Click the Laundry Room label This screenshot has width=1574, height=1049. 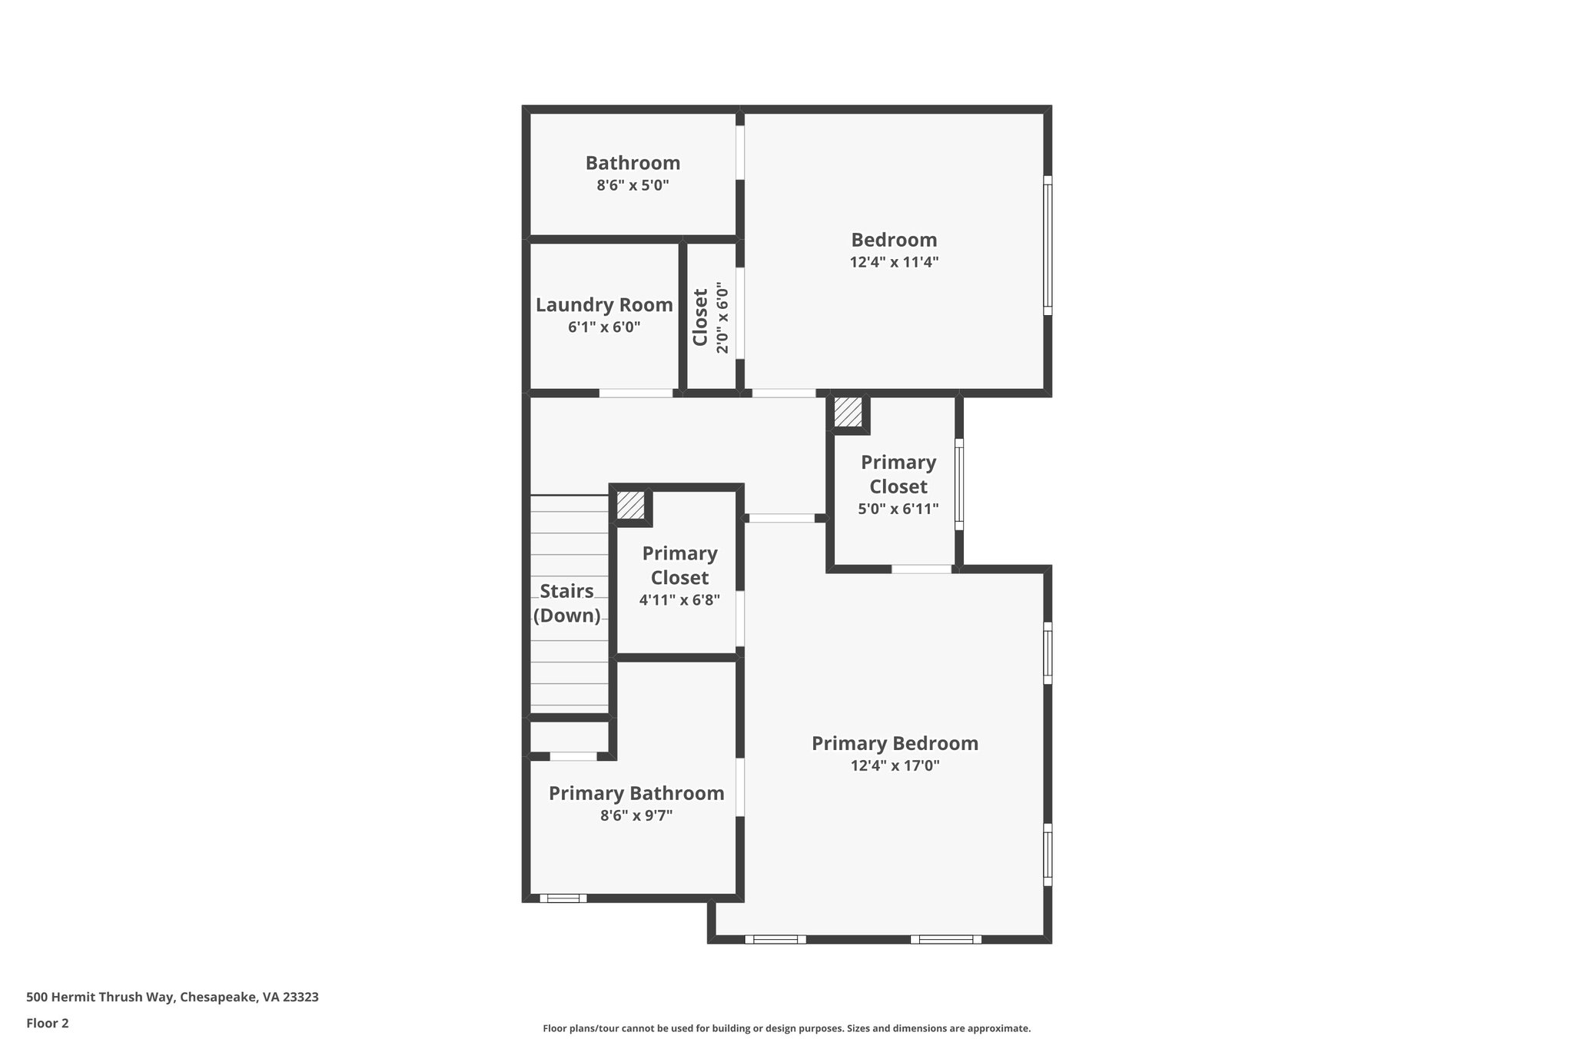604,305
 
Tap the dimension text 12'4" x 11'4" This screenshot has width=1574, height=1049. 894,262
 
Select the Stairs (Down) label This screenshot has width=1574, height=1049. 567,603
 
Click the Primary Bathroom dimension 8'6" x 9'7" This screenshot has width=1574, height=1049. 636,815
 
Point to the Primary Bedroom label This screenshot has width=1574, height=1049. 895,743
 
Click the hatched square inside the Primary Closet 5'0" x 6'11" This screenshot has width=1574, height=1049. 848,412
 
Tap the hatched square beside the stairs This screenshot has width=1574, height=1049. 630,505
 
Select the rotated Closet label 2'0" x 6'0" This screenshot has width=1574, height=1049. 710,318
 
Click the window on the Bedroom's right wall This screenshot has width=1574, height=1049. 1047,245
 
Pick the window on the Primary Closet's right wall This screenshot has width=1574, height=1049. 958,483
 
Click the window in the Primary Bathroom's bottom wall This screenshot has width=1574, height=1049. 563,898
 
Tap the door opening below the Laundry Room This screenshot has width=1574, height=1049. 636,393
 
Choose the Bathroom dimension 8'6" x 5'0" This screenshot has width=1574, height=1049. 633,185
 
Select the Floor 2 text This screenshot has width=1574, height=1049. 48,1023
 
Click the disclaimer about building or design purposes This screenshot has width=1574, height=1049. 786,1028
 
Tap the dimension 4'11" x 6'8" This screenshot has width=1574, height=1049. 679,600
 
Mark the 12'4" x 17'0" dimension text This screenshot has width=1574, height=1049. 895,765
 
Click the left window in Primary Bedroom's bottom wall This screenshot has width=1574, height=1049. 775,939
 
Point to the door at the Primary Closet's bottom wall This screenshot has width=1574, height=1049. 921,569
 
